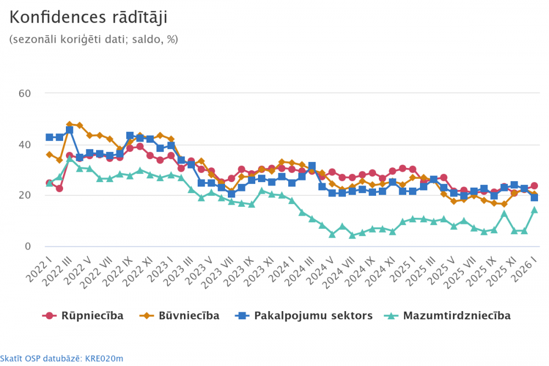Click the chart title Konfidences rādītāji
[x=88, y=18]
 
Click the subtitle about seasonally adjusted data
[x=94, y=40]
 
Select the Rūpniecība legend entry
[x=83, y=316]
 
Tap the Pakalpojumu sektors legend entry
[x=304, y=316]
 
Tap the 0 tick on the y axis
[x=26, y=246]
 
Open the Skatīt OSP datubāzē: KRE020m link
[x=61, y=358]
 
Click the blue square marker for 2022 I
[x=49, y=137]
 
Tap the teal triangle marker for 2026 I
[x=534, y=210]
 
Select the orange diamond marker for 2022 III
[x=70, y=125]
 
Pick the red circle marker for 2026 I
[x=534, y=186]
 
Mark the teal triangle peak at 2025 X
[x=504, y=213]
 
